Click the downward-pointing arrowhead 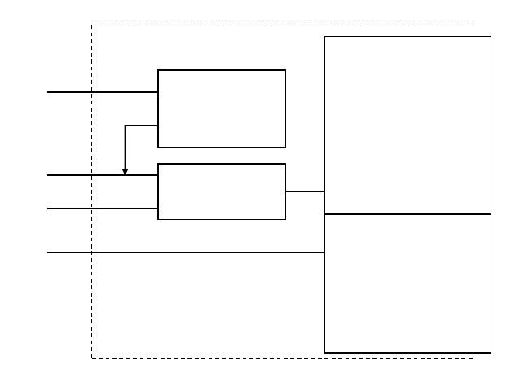125,171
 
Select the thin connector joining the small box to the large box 305,191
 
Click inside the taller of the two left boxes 222,108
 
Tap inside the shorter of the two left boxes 222,191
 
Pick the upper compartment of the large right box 407,125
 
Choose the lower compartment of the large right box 407,283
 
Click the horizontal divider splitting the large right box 407,214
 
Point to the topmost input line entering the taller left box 102,92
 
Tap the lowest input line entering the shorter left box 102,209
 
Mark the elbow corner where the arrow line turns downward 125,125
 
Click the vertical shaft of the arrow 125,147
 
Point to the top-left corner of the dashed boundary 91,20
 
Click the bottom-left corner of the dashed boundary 91,358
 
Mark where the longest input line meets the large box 324,253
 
